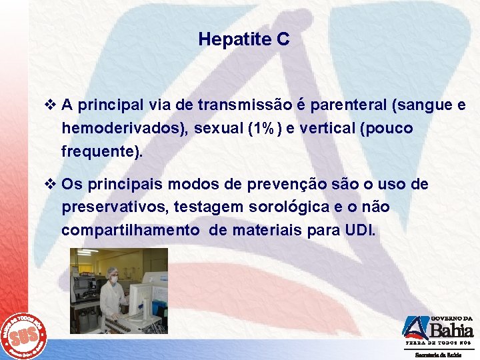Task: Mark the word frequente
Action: pos(99,151)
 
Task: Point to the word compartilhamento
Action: pos(131,231)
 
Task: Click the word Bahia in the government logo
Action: pos(451,330)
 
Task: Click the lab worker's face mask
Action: pos(114,279)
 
